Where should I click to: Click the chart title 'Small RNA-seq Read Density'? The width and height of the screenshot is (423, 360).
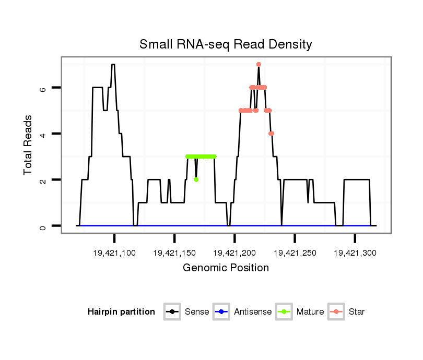click(226, 44)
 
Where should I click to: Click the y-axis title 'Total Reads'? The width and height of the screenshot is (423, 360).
click(29, 145)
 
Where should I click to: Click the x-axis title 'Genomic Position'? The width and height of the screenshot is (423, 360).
click(226, 268)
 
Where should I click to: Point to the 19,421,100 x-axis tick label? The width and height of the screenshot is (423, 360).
click(114, 253)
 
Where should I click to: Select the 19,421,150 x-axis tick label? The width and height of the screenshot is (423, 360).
click(174, 253)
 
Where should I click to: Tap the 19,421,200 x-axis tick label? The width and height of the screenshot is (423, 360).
click(234, 253)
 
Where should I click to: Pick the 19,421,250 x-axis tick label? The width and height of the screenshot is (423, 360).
click(295, 253)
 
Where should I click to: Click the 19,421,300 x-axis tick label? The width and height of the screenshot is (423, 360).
click(355, 253)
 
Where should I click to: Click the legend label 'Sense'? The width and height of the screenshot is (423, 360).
click(197, 312)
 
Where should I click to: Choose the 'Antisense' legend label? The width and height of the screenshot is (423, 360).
click(253, 312)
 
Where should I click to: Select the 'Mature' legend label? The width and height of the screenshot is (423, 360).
click(310, 312)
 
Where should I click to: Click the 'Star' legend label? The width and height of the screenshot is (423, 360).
click(357, 312)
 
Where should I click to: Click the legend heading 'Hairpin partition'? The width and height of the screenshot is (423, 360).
click(121, 312)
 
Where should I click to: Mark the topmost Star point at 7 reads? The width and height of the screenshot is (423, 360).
click(258, 64)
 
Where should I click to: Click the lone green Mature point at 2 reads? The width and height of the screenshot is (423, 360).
click(196, 179)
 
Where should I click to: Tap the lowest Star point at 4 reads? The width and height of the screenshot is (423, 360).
click(272, 134)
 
